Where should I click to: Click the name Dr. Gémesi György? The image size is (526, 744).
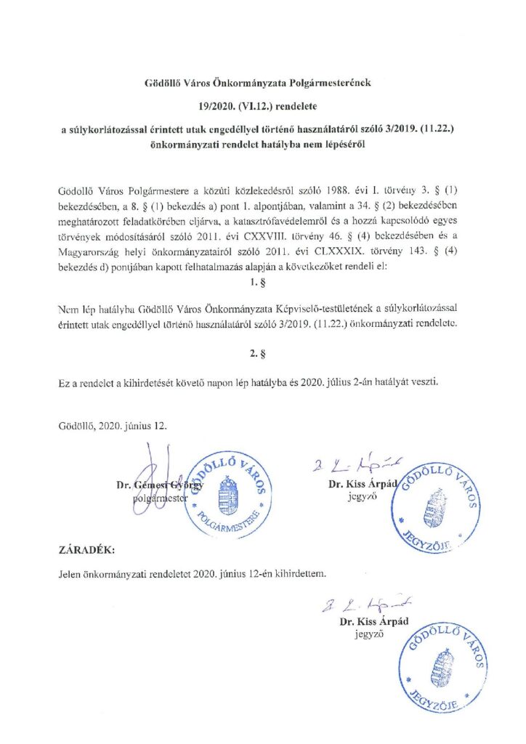click(161, 485)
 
